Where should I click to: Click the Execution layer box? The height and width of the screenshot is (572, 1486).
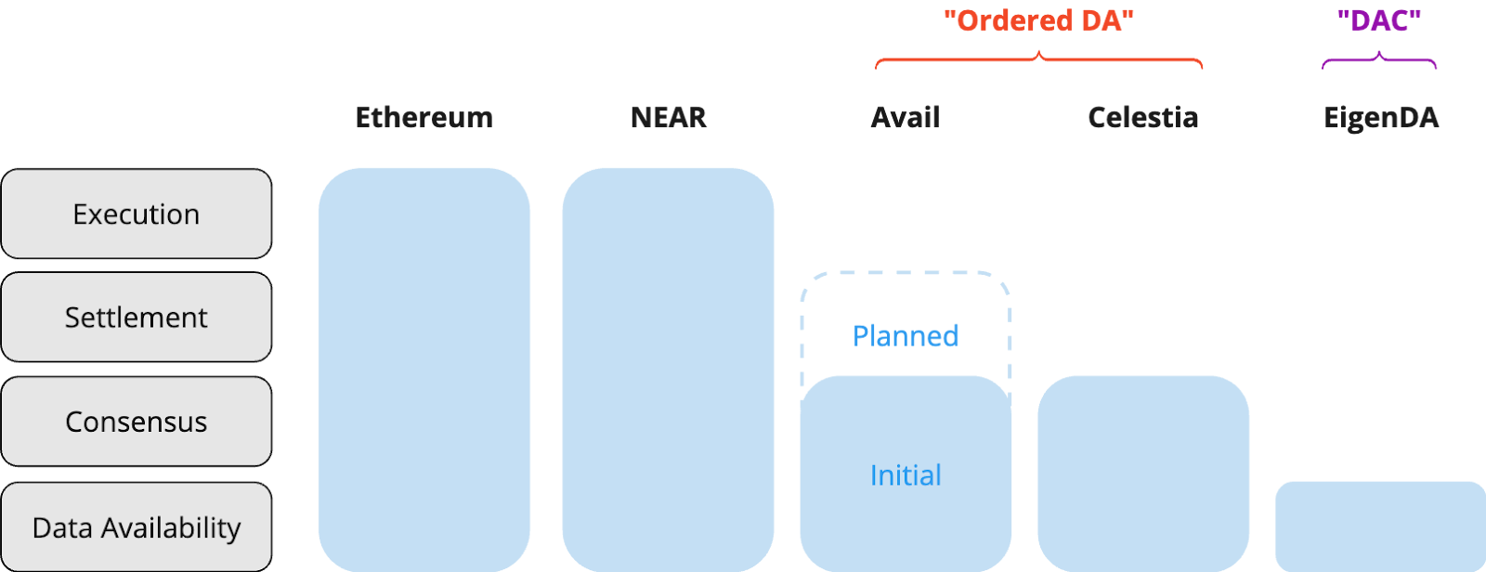click(x=137, y=214)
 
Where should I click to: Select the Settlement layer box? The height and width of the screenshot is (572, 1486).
click(x=137, y=318)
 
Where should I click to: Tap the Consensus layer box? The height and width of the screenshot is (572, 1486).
click(x=137, y=422)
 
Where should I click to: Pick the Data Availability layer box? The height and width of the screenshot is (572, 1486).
click(x=137, y=527)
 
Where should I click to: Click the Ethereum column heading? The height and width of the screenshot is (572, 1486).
click(x=424, y=118)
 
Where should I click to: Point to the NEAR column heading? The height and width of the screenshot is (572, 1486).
click(x=669, y=118)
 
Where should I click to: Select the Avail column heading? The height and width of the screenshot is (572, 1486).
click(x=906, y=118)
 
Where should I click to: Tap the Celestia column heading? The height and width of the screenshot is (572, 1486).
click(x=1142, y=118)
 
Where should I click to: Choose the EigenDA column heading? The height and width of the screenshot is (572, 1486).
click(x=1381, y=118)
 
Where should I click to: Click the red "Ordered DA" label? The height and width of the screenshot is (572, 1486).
click(x=1039, y=20)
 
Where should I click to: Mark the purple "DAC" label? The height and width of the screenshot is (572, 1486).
click(x=1379, y=20)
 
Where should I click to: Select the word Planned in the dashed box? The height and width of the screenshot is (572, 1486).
click(x=906, y=335)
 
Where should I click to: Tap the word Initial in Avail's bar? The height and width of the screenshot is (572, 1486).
click(x=906, y=475)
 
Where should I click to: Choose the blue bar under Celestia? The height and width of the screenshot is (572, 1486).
click(x=1143, y=474)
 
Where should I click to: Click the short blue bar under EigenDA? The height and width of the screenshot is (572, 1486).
click(x=1380, y=526)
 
